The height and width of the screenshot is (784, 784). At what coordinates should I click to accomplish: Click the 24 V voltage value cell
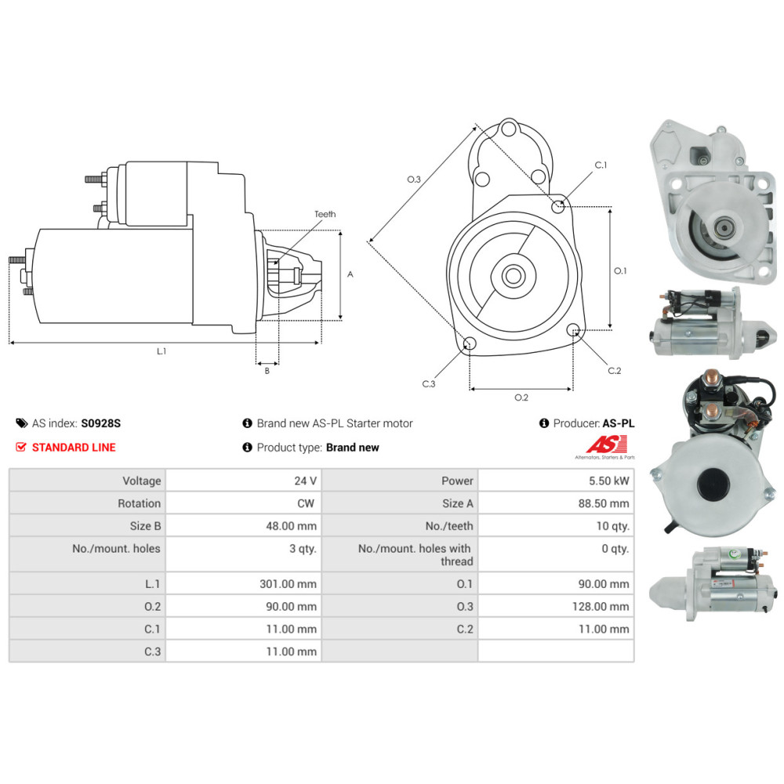coord(306,481)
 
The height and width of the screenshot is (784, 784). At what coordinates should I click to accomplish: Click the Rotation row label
coord(139,503)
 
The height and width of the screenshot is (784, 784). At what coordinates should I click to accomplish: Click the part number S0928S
coord(101,423)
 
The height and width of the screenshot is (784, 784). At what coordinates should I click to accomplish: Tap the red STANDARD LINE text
coord(73,447)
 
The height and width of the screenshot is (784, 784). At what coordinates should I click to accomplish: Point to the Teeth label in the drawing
coord(325,214)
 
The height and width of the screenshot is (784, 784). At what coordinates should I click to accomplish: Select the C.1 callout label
coord(601,165)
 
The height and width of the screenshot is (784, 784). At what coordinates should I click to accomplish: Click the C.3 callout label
coord(428,383)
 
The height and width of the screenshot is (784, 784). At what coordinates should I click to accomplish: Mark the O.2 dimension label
coord(521,397)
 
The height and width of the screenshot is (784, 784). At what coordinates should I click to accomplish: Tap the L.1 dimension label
coord(162,351)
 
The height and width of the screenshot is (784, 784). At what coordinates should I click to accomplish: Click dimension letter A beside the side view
coord(350,274)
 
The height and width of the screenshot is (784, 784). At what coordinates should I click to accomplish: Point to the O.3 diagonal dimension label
coord(414,180)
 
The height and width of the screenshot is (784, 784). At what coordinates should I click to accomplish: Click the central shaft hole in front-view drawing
coord(514,276)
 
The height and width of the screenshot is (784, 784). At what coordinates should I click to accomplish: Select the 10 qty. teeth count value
coord(613,526)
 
